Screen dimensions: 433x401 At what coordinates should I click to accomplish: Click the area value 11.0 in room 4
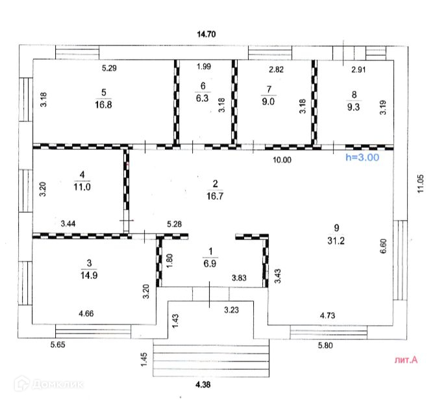pyautogui.click(x=81, y=185)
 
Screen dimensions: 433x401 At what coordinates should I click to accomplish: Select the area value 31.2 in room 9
pyautogui.click(x=336, y=239)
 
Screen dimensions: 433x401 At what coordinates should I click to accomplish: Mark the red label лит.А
pyautogui.click(x=406, y=359)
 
